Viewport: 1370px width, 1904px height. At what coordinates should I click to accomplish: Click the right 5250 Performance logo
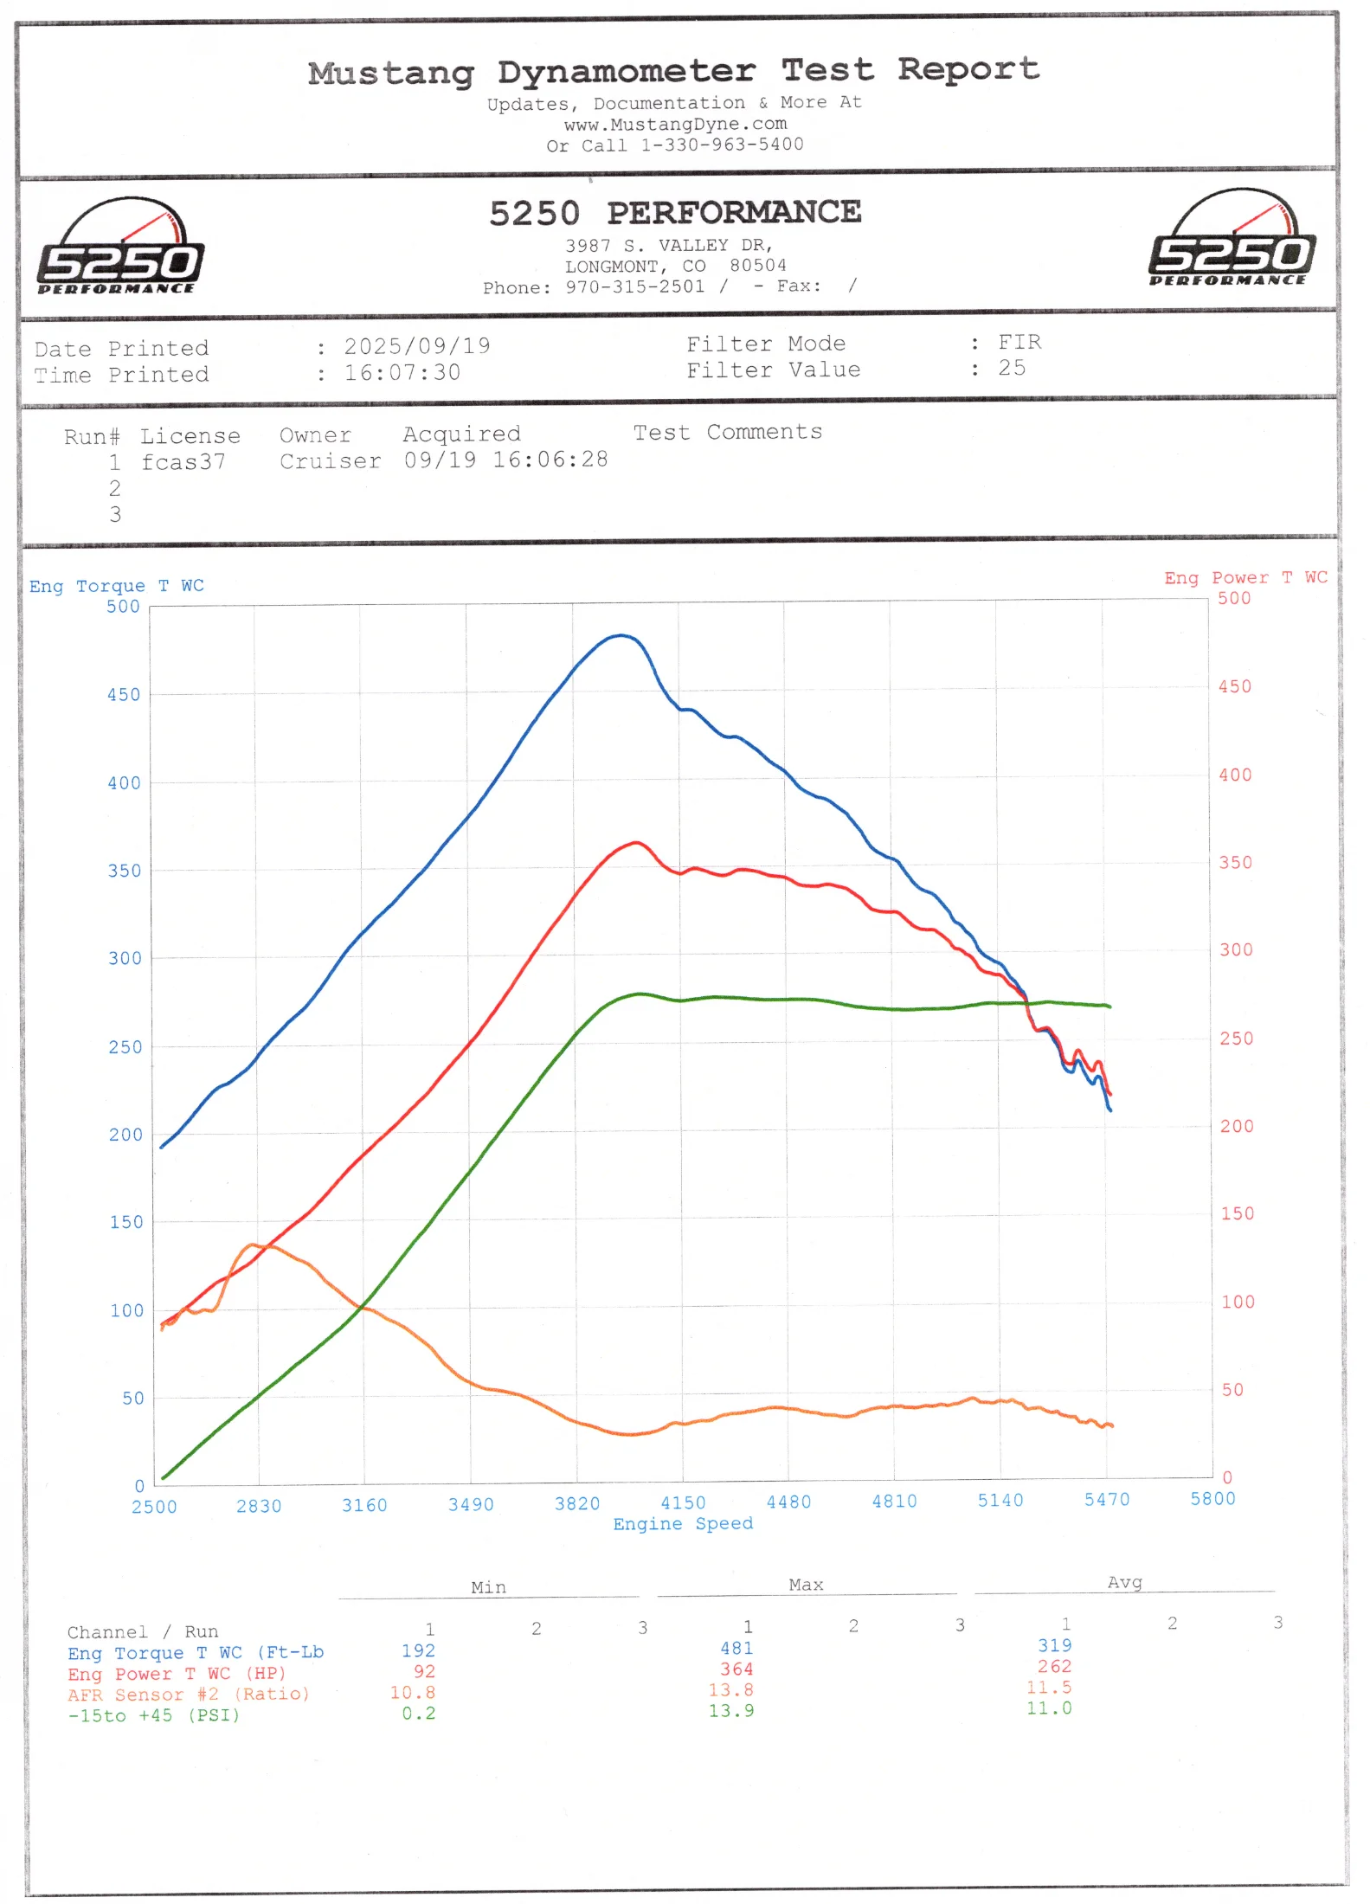click(1232, 239)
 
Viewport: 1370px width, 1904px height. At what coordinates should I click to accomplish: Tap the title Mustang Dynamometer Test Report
click(673, 71)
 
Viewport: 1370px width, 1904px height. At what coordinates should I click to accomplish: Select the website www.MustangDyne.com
click(675, 124)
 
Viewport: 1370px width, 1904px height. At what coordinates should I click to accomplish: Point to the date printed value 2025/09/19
click(417, 347)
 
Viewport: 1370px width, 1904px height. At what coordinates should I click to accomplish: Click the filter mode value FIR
click(1019, 343)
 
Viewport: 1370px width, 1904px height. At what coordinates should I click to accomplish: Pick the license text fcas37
click(183, 462)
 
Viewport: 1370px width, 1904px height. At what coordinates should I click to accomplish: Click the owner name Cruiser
click(330, 461)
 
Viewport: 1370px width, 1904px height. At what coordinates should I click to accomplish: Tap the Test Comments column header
click(728, 432)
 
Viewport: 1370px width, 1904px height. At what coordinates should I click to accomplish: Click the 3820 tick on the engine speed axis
click(577, 1503)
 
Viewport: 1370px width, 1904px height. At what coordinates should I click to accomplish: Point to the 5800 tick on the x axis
click(1212, 1499)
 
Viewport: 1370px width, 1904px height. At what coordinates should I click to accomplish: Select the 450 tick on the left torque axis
click(124, 695)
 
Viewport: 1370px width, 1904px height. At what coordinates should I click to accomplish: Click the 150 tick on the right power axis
click(1237, 1214)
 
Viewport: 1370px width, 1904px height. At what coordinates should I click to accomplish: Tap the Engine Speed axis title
click(683, 1524)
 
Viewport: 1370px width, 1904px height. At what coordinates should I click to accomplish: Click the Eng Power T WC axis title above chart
click(1245, 578)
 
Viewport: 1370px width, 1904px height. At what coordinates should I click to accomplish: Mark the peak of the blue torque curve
click(621, 635)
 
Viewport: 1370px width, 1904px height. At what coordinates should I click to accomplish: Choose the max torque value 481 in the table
click(736, 1649)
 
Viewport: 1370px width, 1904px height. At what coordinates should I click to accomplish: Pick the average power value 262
click(1054, 1666)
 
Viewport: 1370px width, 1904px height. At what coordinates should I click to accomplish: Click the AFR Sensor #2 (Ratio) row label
click(188, 1695)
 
